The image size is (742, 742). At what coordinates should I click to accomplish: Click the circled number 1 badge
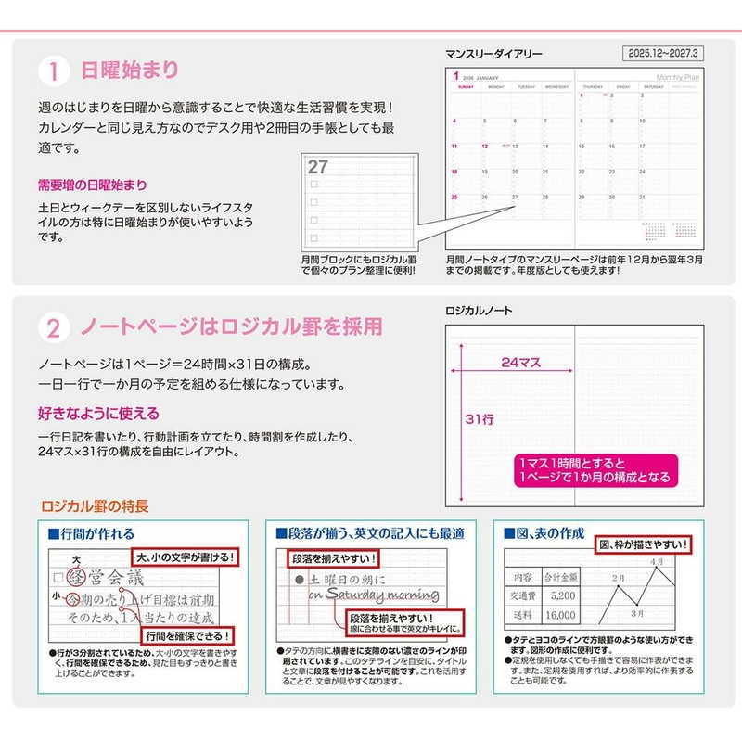(54, 71)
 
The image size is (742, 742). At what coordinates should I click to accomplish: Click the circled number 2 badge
(54, 327)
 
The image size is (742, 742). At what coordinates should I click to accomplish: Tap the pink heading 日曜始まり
(129, 70)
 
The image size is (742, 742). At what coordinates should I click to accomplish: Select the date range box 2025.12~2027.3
(661, 52)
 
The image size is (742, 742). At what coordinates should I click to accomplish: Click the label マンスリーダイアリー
(493, 54)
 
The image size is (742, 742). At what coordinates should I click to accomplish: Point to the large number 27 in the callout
(318, 167)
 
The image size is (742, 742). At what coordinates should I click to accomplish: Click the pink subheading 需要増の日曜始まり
(92, 185)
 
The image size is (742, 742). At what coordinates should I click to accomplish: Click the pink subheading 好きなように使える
(98, 413)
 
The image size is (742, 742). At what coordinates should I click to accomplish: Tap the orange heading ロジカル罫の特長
(95, 506)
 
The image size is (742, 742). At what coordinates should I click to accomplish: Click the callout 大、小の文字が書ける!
(186, 557)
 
